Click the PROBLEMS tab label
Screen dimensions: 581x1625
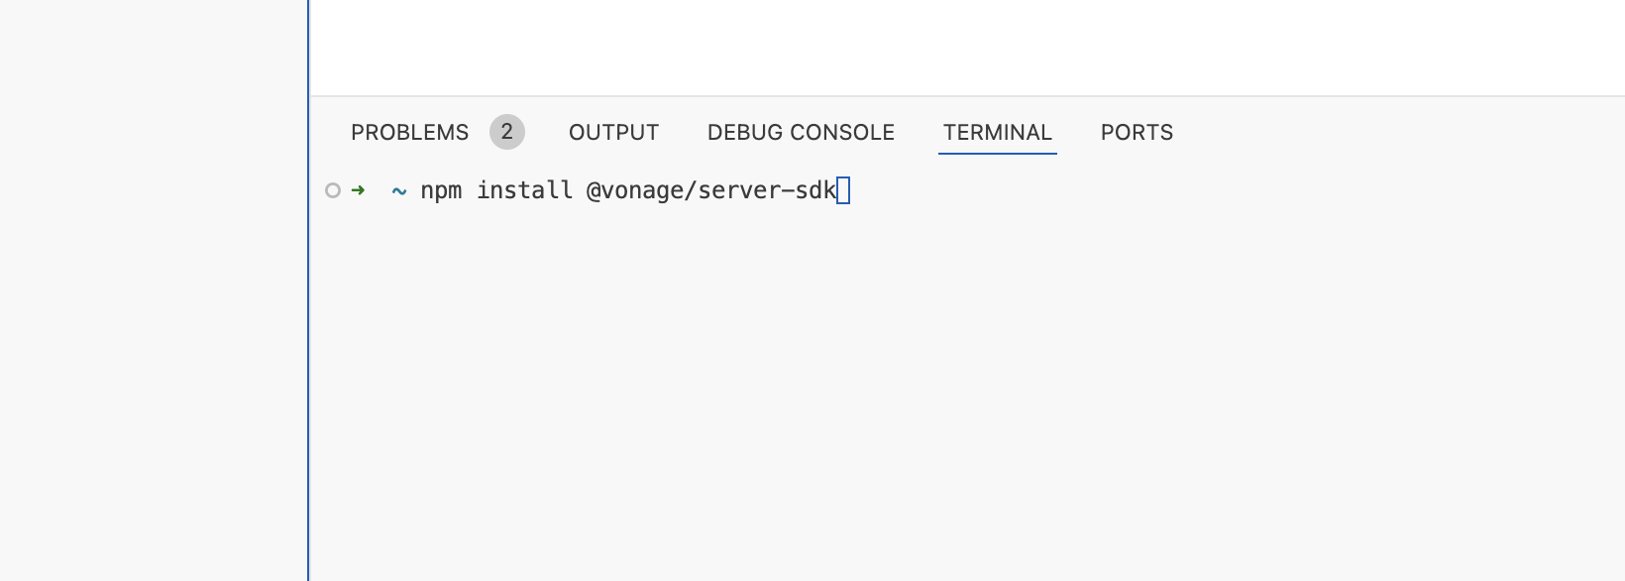tap(409, 133)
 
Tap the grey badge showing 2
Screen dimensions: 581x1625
tap(506, 132)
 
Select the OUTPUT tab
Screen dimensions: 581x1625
tap(613, 133)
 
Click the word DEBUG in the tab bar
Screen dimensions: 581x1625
tap(739, 133)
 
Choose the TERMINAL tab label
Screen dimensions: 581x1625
tap(997, 133)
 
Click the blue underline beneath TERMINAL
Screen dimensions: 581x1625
tap(997, 154)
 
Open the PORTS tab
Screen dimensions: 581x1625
tap(1137, 133)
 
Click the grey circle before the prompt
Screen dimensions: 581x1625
tap(333, 190)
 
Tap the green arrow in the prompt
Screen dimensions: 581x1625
tap(358, 189)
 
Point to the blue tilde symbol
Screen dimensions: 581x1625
tap(399, 190)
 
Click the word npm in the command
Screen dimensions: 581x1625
tap(441, 190)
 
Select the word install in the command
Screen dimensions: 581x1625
tap(524, 190)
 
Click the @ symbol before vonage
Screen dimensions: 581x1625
tap(595, 190)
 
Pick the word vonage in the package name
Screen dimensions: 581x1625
tap(642, 190)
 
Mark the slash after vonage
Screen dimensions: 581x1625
tap(691, 190)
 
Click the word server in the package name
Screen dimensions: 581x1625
tap(739, 190)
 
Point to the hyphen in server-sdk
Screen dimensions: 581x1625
tap(788, 190)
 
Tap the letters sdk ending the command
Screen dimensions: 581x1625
tap(816, 190)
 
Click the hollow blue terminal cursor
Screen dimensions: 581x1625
tap(843, 190)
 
